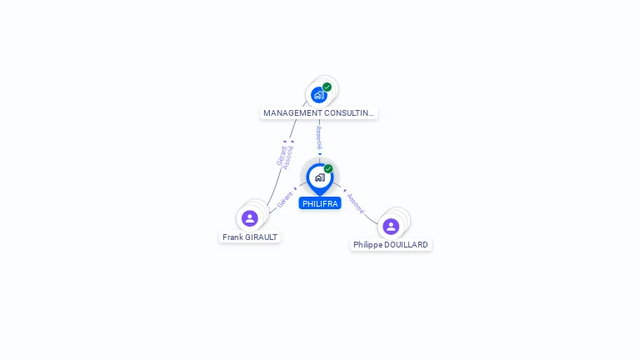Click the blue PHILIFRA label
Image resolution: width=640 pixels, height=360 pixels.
(x=320, y=203)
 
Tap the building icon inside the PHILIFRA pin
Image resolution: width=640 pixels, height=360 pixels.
(x=320, y=177)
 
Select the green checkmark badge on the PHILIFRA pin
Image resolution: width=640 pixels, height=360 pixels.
(x=328, y=168)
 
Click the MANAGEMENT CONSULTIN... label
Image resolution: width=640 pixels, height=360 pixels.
(x=319, y=113)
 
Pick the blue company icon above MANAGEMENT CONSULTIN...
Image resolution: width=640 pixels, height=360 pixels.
(x=319, y=95)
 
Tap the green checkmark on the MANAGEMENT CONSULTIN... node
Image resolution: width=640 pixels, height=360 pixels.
(x=327, y=87)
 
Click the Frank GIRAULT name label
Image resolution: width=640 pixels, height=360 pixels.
(x=250, y=237)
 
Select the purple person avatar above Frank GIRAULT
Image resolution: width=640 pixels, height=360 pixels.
(x=250, y=218)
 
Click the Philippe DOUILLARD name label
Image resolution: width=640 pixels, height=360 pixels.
(x=391, y=244)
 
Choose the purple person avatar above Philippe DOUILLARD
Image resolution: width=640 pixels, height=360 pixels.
(x=391, y=227)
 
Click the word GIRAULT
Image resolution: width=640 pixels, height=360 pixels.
(x=261, y=237)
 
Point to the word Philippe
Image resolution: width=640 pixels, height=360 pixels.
(x=367, y=245)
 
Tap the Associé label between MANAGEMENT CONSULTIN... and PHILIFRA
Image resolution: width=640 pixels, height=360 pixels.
(x=319, y=137)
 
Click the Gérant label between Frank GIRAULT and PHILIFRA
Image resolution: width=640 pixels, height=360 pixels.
(x=285, y=200)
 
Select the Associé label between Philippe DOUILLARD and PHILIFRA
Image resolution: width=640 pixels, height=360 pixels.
(x=356, y=203)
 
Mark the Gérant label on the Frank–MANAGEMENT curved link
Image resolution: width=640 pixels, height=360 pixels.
(x=282, y=156)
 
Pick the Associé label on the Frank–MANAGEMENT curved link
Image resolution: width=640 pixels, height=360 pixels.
(x=288, y=157)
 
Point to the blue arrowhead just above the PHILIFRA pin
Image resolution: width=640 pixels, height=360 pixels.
(x=320, y=154)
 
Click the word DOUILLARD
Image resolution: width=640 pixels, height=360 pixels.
(x=406, y=244)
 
